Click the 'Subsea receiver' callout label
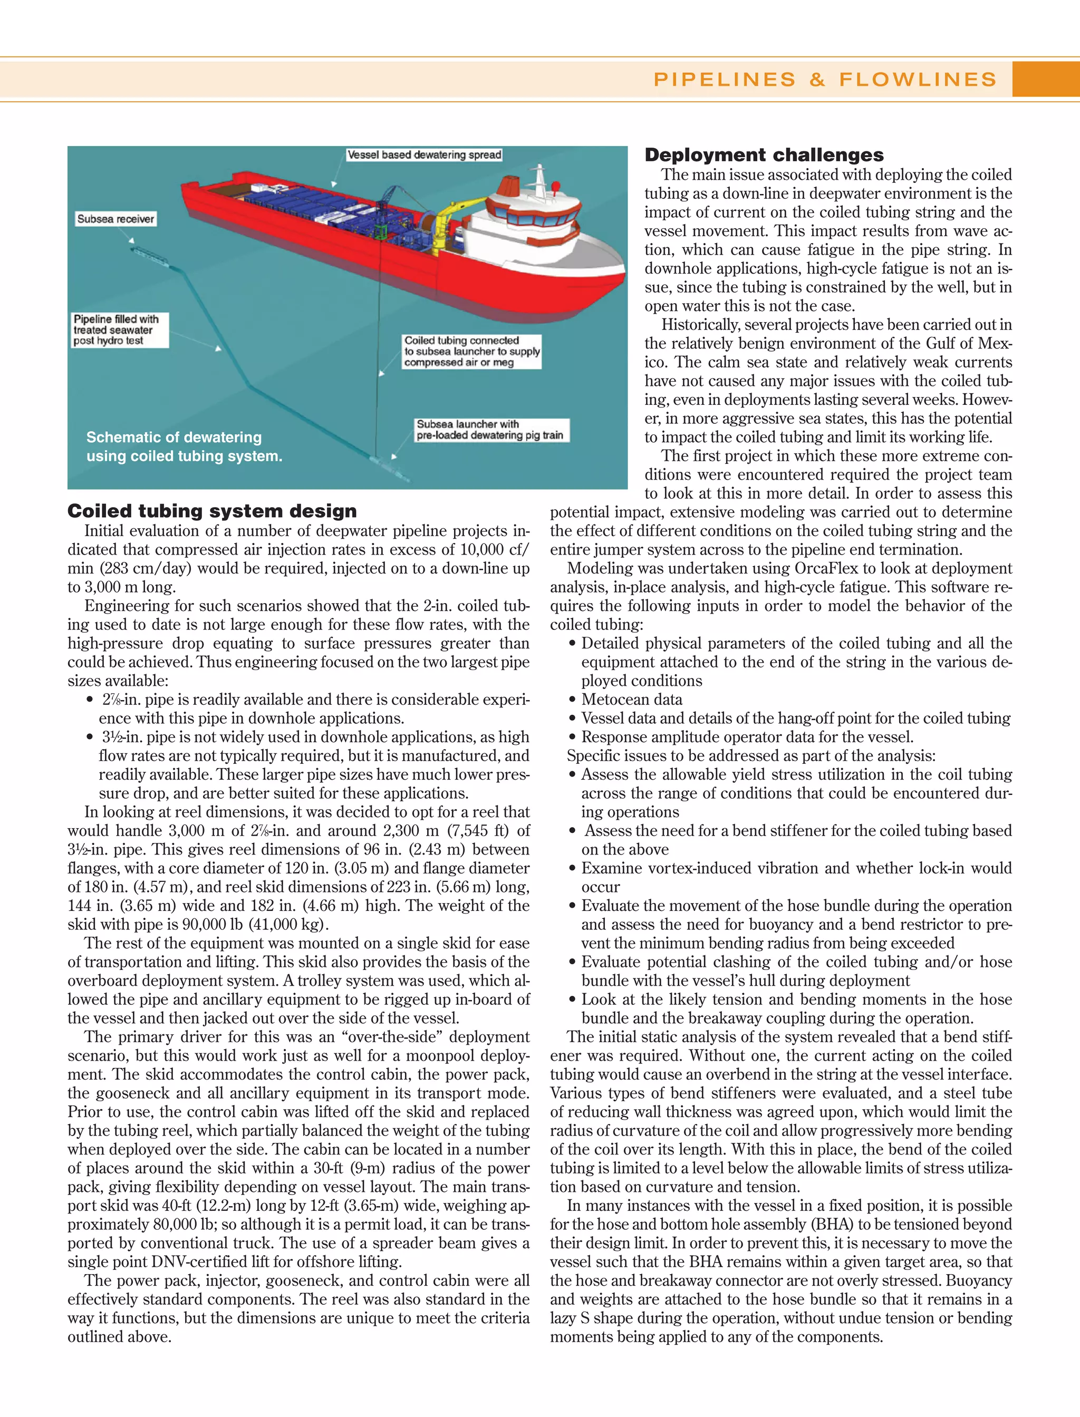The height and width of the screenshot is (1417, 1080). click(115, 219)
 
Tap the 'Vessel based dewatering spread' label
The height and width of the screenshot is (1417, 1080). click(423, 155)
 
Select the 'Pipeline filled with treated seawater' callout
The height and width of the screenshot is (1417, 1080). click(120, 329)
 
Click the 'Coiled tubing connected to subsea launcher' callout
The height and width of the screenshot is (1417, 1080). click(471, 352)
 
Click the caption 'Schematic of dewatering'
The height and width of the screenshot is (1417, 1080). click(173, 438)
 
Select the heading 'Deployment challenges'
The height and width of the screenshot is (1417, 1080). click(764, 155)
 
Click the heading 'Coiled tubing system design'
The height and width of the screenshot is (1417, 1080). click(211, 511)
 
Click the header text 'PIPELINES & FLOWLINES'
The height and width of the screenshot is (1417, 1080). click(825, 79)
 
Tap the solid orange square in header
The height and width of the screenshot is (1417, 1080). click(1045, 79)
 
